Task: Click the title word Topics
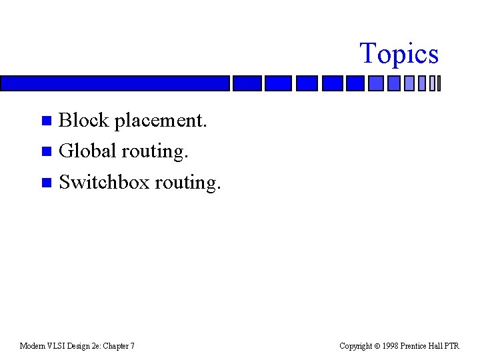pos(399,54)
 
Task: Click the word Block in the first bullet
pos(84,120)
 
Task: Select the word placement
pos(161,121)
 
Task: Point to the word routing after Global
pos(155,152)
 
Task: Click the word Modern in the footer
pos(33,346)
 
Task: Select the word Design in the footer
pos(81,346)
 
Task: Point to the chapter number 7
pos(132,346)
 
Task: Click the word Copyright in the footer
pos(355,346)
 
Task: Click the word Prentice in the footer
pos(415,346)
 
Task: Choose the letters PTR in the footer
pos(451,346)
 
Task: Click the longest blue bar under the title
pos(114,83)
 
